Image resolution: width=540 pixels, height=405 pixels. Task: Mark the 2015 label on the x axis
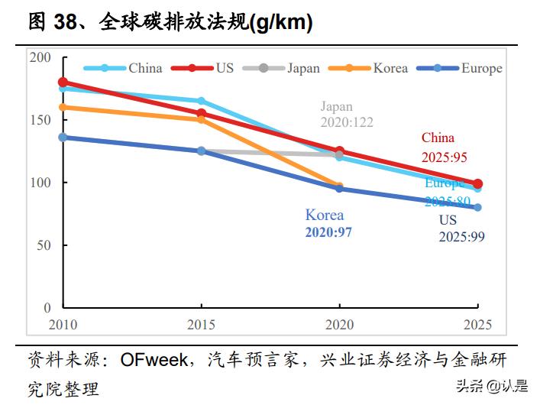coord(201,323)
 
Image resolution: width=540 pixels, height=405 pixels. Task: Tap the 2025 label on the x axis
coord(477,323)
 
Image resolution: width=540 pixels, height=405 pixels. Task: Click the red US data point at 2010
coord(63,83)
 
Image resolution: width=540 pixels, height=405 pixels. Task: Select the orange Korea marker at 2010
coord(63,107)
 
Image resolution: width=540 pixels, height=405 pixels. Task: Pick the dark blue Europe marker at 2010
coord(63,138)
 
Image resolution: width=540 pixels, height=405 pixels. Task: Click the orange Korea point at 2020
coord(339,186)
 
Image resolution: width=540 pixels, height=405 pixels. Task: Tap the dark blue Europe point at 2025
coord(477,207)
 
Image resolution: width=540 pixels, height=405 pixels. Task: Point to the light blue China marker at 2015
coord(201,101)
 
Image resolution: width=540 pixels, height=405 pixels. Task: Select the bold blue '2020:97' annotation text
coord(328,232)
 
